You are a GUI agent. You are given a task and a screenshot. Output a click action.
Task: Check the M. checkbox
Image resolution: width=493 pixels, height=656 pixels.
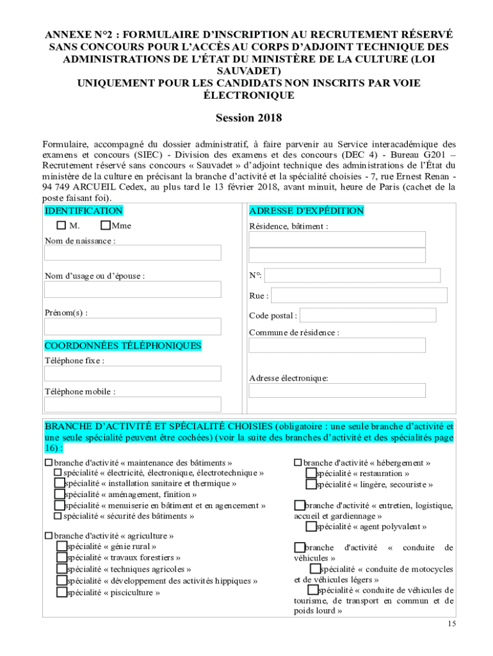[61, 225]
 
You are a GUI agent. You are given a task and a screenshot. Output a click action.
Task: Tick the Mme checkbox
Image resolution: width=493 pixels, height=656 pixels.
[106, 225]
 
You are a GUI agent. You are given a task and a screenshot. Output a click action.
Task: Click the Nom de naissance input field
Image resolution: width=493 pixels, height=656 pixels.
[133, 252]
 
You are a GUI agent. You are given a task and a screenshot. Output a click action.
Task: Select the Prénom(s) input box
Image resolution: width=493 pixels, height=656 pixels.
[133, 327]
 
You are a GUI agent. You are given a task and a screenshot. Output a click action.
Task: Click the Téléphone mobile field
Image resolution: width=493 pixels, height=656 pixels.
[133, 404]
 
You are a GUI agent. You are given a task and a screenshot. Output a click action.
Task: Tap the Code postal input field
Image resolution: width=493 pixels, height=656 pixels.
[368, 315]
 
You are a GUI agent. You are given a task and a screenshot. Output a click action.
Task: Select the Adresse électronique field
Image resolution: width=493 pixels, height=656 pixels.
[337, 390]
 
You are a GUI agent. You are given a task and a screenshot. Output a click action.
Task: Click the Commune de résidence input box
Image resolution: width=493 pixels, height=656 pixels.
[337, 345]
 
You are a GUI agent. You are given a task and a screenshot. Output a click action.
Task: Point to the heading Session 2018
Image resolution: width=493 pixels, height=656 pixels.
[248, 118]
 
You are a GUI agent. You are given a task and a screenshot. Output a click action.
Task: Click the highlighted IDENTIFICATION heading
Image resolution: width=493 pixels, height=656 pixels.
[83, 211]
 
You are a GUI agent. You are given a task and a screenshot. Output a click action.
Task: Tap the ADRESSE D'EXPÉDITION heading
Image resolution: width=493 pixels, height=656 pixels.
[306, 211]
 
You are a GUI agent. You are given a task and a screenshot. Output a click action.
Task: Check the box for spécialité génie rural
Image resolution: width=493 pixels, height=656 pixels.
[61, 546]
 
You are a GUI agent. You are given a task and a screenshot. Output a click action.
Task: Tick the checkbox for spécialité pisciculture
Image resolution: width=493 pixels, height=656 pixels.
[61, 592]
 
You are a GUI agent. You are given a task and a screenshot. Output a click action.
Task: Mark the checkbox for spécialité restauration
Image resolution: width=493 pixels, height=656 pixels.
[311, 473]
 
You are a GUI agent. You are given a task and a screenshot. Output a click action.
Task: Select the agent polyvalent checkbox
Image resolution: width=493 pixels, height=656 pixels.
[311, 527]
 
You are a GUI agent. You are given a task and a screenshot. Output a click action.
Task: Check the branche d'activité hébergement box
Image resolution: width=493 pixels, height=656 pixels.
[298, 463]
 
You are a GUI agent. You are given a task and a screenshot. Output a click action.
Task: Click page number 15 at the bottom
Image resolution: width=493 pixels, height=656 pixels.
[452, 623]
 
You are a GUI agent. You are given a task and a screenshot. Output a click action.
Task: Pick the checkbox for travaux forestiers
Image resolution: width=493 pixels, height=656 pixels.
[61, 557]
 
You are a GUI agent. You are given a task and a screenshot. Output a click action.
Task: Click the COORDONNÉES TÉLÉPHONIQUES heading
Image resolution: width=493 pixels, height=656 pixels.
[123, 346]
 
